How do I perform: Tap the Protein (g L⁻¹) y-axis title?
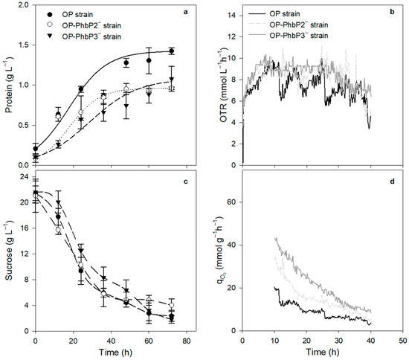[8, 85]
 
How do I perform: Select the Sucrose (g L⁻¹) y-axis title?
[8, 251]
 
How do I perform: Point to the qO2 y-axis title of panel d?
[219, 253]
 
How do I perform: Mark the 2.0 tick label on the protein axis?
[24, 5]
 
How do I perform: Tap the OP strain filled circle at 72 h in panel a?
[172, 51]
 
